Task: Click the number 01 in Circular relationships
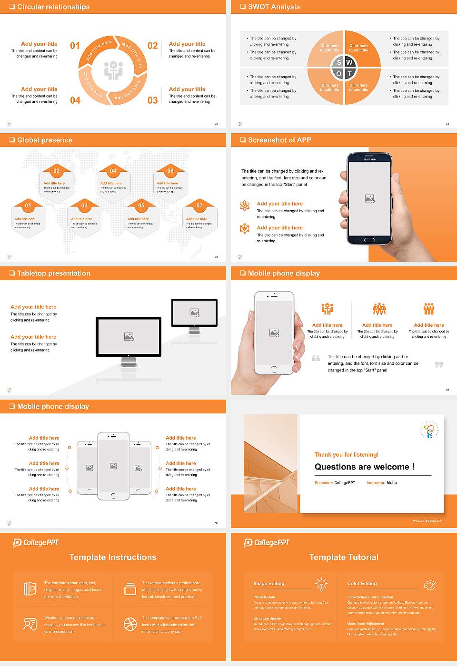coord(75,46)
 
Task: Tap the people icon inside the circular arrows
coord(113,70)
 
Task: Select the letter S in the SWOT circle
coord(339,62)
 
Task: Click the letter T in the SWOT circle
coord(349,74)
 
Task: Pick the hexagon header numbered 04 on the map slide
coord(113,171)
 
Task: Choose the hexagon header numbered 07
coord(199,206)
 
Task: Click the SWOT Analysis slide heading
coord(274,7)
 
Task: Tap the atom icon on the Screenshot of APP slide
coord(245,206)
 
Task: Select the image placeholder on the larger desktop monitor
coord(129,336)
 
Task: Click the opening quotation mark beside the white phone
coord(316,358)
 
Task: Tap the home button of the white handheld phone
coord(274,369)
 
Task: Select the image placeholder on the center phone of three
coord(113,466)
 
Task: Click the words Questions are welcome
coord(364,467)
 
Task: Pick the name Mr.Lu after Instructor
coord(391,483)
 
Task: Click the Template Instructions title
coord(113,557)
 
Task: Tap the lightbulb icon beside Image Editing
coord(321,584)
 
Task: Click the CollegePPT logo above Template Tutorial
coord(267,542)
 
